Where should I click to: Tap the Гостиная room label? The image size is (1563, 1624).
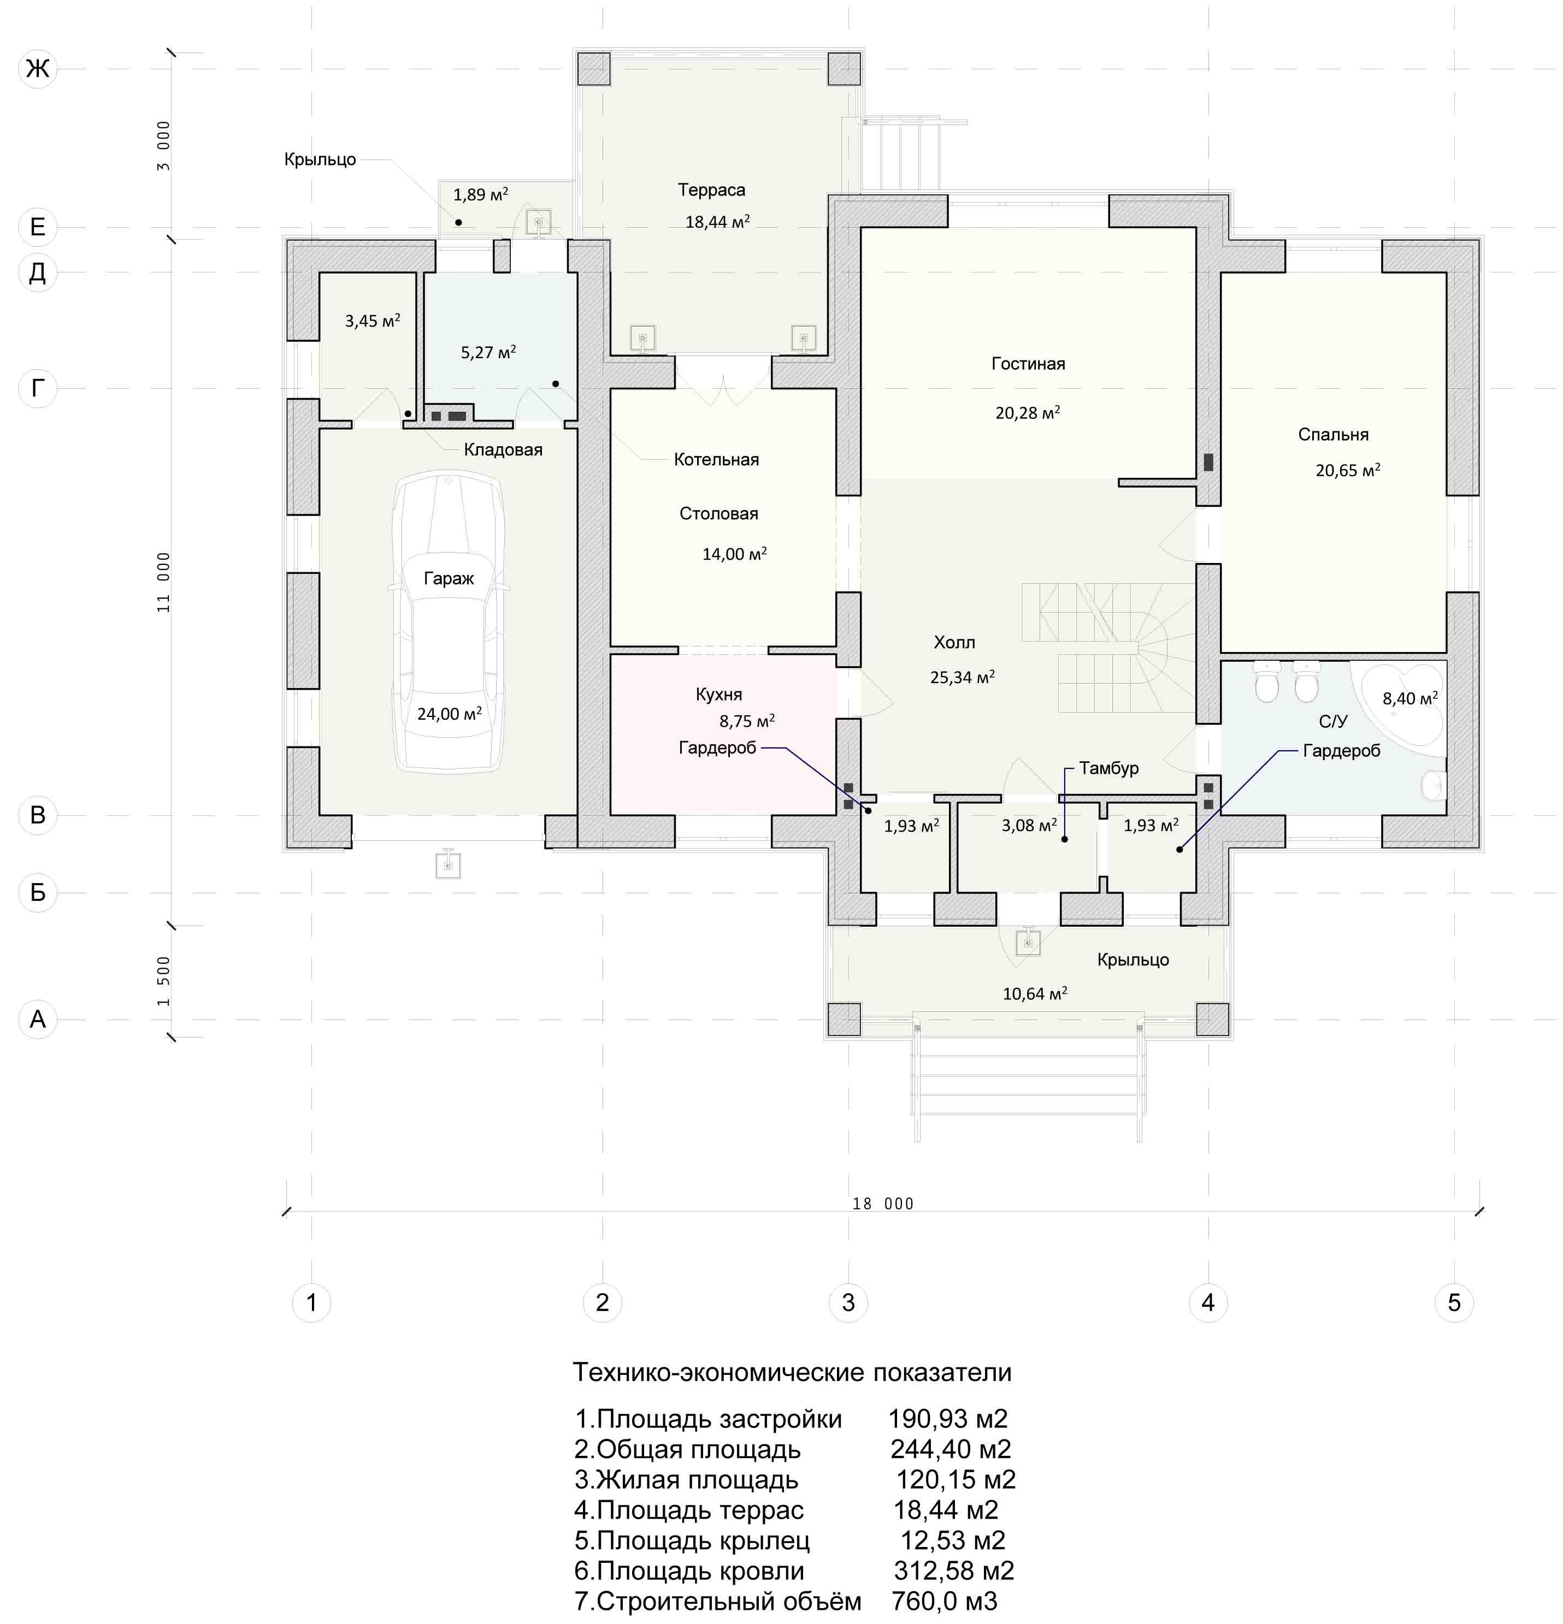pyautogui.click(x=1028, y=364)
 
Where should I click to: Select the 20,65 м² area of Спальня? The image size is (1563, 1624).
pyautogui.click(x=1348, y=470)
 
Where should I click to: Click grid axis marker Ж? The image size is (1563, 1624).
pyautogui.click(x=37, y=68)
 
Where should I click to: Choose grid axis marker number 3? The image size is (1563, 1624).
pyautogui.click(x=848, y=1302)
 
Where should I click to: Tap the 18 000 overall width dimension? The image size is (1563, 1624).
pyautogui.click(x=883, y=1204)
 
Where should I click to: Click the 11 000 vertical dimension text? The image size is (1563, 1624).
pyautogui.click(x=163, y=583)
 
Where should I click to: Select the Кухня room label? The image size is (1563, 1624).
pyautogui.click(x=718, y=695)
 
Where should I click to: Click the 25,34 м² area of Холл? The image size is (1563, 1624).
pyautogui.click(x=962, y=677)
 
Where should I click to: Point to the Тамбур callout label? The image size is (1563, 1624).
pyautogui.click(x=1109, y=768)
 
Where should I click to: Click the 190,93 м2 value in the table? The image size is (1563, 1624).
pyautogui.click(x=948, y=1419)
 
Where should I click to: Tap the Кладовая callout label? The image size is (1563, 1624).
pyautogui.click(x=503, y=450)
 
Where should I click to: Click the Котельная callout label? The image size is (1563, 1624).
pyautogui.click(x=716, y=460)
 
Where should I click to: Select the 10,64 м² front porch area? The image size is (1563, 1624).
pyautogui.click(x=1034, y=993)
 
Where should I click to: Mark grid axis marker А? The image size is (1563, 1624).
pyautogui.click(x=37, y=1018)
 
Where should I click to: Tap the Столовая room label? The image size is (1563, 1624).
pyautogui.click(x=718, y=514)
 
